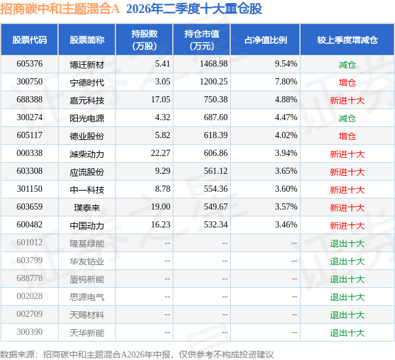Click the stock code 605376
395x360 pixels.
point(30,64)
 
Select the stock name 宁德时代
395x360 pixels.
point(87,83)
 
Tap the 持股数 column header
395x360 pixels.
point(144,39)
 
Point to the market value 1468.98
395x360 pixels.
point(214,64)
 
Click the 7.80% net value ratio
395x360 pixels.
point(286,82)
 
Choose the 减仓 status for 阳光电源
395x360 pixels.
point(347,118)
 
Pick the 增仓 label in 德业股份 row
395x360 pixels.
point(347,136)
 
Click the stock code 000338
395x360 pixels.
point(30,153)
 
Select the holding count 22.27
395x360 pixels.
point(160,153)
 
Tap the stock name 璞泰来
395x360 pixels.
point(87,208)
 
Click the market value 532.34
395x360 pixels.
point(215,224)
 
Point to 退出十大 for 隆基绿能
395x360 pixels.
point(347,243)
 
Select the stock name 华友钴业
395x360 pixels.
point(87,261)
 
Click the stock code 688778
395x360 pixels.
point(30,278)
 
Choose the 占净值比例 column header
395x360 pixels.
point(265,39)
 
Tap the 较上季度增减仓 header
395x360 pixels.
point(347,39)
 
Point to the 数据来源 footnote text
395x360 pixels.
point(137,354)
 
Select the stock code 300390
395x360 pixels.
point(30,332)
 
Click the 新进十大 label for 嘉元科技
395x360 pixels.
point(347,100)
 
